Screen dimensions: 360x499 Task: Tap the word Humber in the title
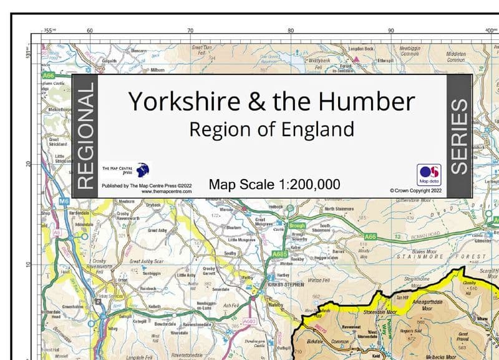click(x=364, y=101)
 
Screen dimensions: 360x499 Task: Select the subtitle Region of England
click(x=271, y=129)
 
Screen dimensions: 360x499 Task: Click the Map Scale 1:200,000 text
click(x=274, y=184)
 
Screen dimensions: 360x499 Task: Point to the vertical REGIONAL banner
click(x=85, y=135)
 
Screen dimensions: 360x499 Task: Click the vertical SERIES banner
click(x=459, y=135)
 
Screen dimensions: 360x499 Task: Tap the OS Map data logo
click(x=429, y=174)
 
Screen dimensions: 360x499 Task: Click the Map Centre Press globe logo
click(x=143, y=170)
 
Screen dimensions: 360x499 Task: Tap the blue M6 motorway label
click(x=64, y=202)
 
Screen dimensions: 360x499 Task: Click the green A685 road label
click(x=279, y=254)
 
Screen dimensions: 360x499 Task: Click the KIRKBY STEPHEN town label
click(x=285, y=284)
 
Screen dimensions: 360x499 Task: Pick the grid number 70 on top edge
click(x=190, y=30)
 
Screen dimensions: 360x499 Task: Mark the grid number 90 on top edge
click(x=391, y=30)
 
